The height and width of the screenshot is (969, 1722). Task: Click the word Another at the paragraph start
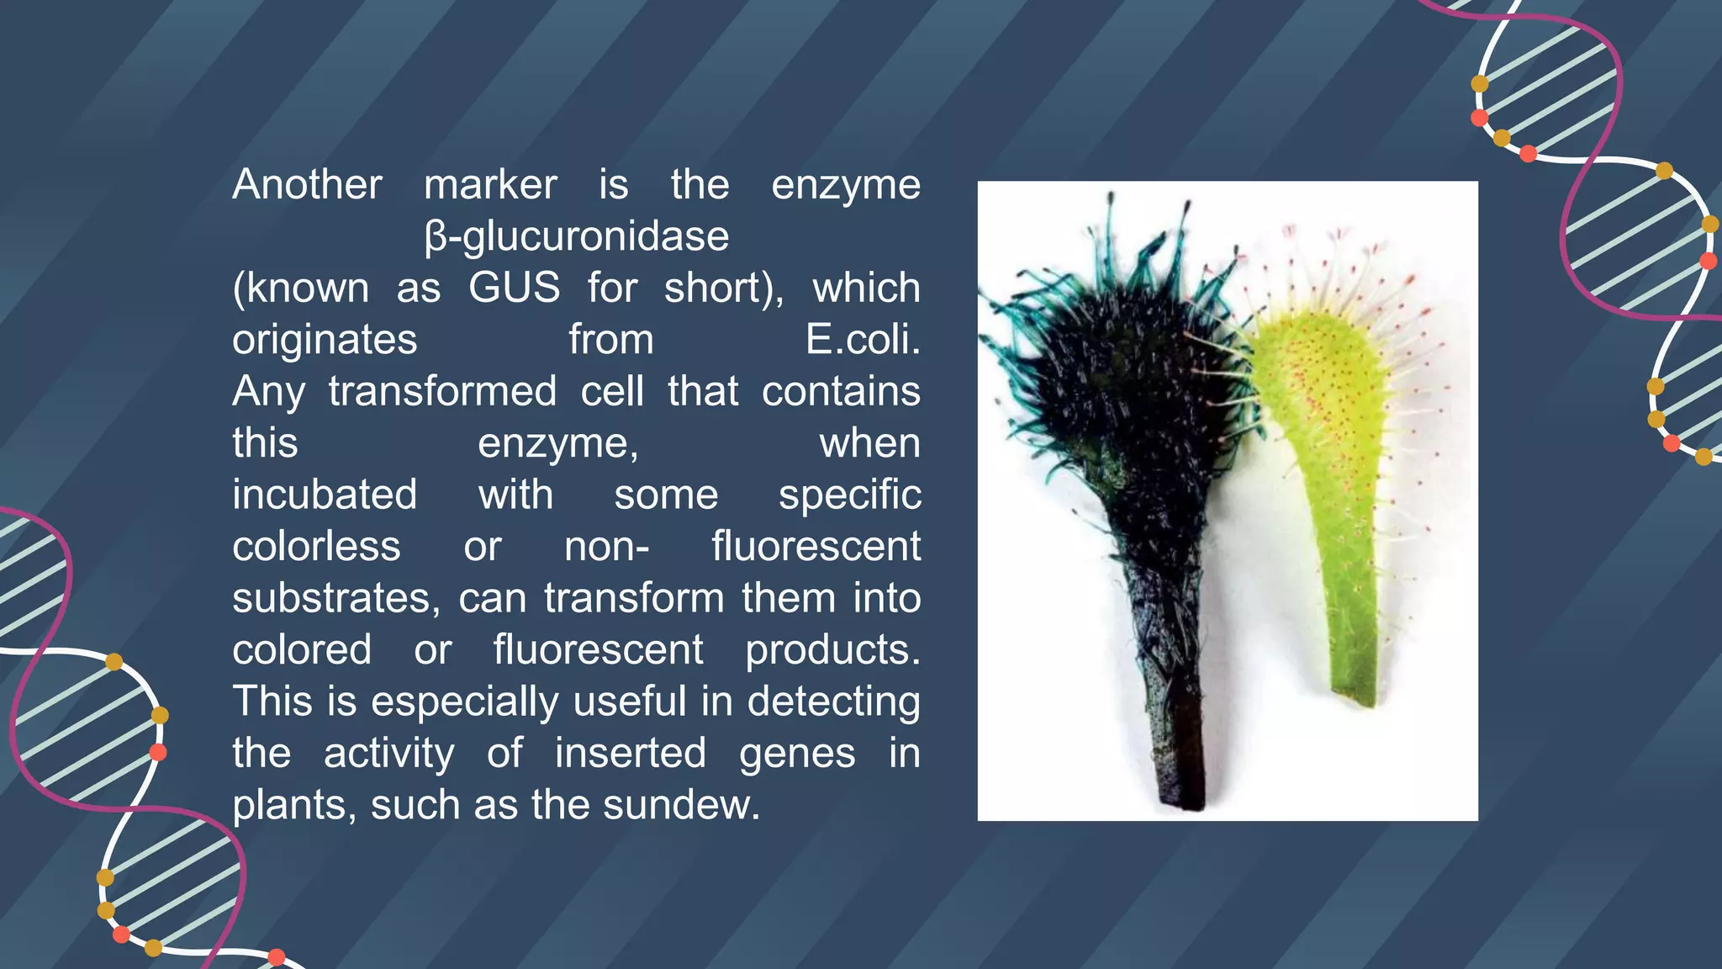point(307,185)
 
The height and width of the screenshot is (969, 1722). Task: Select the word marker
point(490,185)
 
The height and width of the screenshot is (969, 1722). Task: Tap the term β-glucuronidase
point(577,236)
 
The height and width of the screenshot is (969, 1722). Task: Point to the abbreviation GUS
point(514,289)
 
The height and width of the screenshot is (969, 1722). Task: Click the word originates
point(325,340)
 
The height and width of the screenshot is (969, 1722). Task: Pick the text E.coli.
point(863,340)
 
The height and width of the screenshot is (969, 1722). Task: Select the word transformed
point(442,392)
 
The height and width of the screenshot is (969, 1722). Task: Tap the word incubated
point(325,495)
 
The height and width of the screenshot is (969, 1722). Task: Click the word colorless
point(316,547)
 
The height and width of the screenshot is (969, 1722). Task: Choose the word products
point(832,650)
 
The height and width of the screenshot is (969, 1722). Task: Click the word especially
point(465,702)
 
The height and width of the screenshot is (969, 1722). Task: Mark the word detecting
point(833,702)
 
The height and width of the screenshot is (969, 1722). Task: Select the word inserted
point(630,753)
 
